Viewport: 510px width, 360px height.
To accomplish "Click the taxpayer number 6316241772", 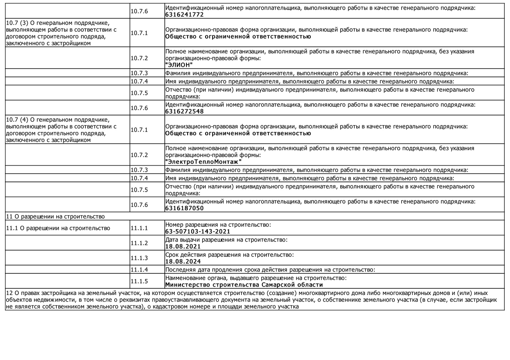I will [x=184, y=15].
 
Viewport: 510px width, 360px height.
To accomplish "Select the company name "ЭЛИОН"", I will [x=179, y=65].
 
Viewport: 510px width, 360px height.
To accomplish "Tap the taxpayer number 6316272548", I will [x=184, y=111].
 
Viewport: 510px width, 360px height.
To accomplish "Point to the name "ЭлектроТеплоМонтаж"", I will [x=203, y=162].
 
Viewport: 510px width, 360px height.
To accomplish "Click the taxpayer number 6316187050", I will [x=184, y=208].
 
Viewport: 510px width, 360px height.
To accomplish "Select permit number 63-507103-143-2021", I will [x=198, y=231].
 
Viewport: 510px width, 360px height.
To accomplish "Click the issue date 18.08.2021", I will [x=183, y=246].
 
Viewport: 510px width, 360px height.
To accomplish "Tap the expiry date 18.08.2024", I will [x=183, y=261].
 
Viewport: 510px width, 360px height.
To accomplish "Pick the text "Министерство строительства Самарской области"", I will [x=244, y=285].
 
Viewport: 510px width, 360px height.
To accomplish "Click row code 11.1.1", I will [x=139, y=228].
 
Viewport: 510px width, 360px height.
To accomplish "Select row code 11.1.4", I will [x=139, y=270].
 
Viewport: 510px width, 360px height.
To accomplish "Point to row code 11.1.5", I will [x=139, y=281].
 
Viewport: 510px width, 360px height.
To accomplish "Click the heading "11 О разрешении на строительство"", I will [x=55, y=217].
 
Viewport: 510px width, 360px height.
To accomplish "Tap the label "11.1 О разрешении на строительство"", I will [x=58, y=228].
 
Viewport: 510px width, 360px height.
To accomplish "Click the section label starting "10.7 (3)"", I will [x=61, y=33].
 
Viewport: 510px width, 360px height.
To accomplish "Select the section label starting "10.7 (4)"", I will [x=61, y=130].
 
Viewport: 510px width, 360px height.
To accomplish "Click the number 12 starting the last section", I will [x=9, y=293].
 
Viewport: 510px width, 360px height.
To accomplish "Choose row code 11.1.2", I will [x=139, y=243].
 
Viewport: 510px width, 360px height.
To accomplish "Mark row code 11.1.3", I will [x=139, y=258].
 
